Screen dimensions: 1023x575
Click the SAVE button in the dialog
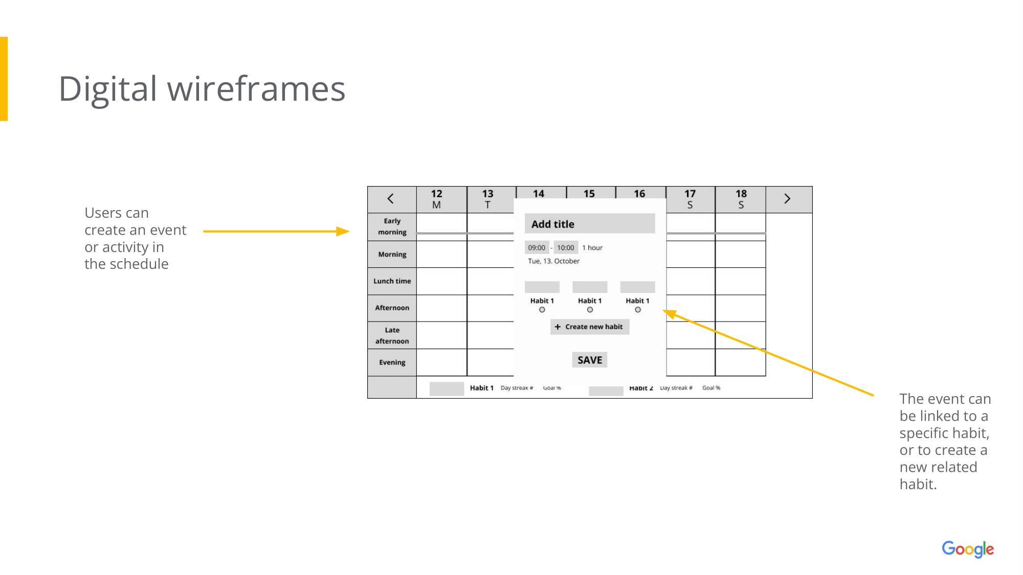(589, 360)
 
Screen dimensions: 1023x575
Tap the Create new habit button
(589, 327)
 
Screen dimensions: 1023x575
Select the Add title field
(589, 224)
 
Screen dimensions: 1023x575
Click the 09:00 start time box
(537, 247)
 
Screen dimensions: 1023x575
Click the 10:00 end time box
(565, 247)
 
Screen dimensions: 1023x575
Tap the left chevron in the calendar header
(391, 199)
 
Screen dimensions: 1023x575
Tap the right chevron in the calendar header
(787, 199)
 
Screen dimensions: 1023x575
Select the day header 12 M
(436, 199)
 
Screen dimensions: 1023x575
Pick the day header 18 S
(741, 199)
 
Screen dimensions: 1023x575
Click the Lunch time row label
(392, 281)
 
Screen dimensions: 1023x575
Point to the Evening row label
(392, 362)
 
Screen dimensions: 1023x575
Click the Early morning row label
(392, 226)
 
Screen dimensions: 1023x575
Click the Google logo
(968, 549)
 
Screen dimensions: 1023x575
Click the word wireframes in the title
(256, 89)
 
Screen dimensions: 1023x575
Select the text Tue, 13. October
(553, 261)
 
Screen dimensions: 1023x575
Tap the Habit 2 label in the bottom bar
(641, 388)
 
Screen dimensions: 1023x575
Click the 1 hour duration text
(592, 248)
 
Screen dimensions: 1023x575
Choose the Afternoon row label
(392, 308)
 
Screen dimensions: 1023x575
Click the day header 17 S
(690, 199)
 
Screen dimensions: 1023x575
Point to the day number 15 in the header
(589, 194)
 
